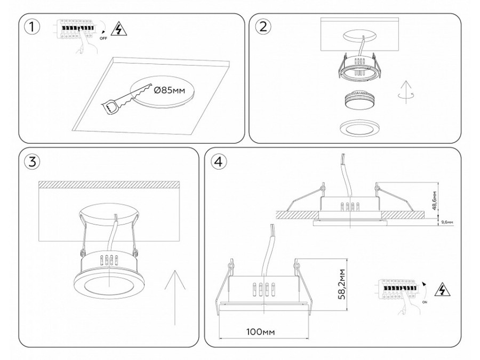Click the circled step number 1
[33, 28]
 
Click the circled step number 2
[263, 28]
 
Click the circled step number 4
[217, 162]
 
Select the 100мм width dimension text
[261, 332]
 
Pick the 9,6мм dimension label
[446, 222]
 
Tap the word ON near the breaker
[425, 302]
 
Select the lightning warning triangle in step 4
[442, 290]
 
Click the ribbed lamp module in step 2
[358, 100]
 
